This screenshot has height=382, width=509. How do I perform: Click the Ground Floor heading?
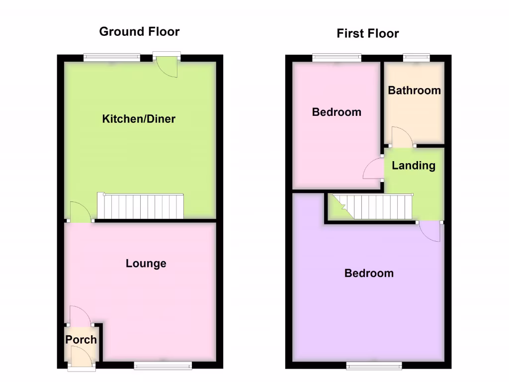[139, 32]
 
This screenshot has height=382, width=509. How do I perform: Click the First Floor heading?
[367, 34]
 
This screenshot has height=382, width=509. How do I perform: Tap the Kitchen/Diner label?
[139, 119]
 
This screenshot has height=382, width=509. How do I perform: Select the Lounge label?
[146, 263]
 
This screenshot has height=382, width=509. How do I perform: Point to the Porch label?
[81, 340]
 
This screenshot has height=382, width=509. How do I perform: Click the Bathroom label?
[414, 91]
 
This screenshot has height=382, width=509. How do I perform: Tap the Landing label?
[414, 166]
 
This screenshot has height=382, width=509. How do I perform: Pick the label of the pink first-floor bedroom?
[337, 112]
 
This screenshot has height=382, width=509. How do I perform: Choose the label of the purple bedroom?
[369, 273]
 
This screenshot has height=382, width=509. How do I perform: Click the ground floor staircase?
[140, 206]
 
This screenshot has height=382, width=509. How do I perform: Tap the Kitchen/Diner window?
[112, 58]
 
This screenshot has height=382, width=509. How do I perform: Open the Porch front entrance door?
[82, 358]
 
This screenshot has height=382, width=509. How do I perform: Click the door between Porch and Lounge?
[80, 315]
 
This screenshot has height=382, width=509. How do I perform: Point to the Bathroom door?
[402, 137]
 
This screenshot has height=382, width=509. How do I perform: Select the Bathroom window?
[416, 58]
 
